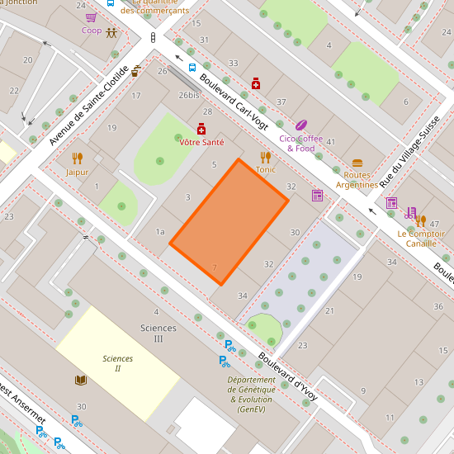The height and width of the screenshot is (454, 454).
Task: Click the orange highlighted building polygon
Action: click(x=229, y=222)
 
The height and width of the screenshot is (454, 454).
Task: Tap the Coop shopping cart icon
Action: click(x=91, y=17)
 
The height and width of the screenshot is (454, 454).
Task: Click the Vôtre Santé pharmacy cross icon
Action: click(x=201, y=129)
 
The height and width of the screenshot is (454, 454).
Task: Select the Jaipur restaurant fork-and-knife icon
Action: click(x=77, y=158)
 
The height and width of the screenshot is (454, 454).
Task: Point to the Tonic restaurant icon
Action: click(x=265, y=156)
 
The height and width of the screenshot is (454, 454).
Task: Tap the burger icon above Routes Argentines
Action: click(x=357, y=163)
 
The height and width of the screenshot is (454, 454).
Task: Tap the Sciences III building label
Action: click(x=158, y=333)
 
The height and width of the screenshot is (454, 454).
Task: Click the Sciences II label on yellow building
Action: click(x=117, y=363)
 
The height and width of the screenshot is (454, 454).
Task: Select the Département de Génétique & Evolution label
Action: click(x=256, y=395)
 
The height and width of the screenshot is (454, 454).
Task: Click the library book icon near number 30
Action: click(x=80, y=380)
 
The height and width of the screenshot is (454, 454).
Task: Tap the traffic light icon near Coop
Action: click(x=153, y=38)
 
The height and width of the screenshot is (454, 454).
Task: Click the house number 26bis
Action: click(x=189, y=95)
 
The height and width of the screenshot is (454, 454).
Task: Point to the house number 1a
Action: click(x=159, y=232)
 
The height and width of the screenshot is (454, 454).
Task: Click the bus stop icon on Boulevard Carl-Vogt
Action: click(x=192, y=68)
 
